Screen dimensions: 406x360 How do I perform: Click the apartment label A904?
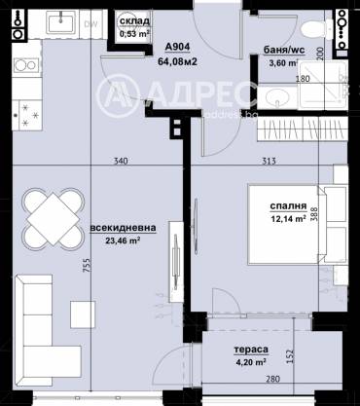pyautogui.click(x=178, y=46)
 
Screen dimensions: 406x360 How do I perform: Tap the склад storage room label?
pyautogui.click(x=133, y=20)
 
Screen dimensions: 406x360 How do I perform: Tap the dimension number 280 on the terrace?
pyautogui.click(x=274, y=379)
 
